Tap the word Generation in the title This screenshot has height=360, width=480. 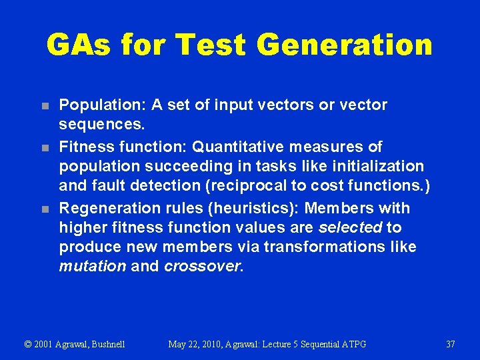[x=344, y=45]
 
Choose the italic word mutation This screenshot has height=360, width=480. [x=93, y=267]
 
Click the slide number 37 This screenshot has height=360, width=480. [x=450, y=345]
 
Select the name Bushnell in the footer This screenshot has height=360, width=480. [x=103, y=345]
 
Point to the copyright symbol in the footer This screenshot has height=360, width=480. [x=28, y=345]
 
